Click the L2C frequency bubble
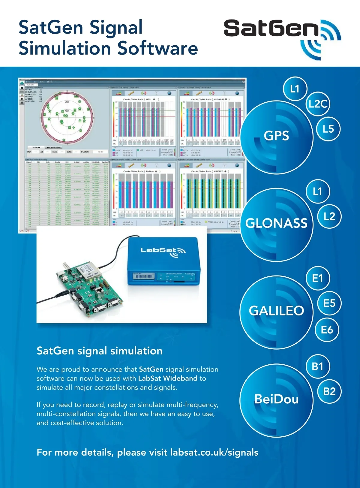click(x=318, y=104)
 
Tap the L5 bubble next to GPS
click(x=328, y=129)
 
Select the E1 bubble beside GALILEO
click(x=317, y=279)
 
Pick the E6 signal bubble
click(x=327, y=330)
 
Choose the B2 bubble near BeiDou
click(x=329, y=391)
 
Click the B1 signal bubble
click(x=317, y=366)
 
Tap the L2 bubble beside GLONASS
click(x=329, y=216)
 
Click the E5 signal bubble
click(x=329, y=303)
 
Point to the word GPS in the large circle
click(x=276, y=136)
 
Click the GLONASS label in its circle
click(x=276, y=223)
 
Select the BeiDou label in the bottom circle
click(x=276, y=399)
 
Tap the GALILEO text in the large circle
click(x=276, y=311)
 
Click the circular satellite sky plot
click(x=67, y=117)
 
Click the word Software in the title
click(x=157, y=48)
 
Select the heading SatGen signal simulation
click(x=99, y=351)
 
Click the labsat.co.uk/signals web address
click(x=214, y=452)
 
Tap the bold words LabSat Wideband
click(x=168, y=378)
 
